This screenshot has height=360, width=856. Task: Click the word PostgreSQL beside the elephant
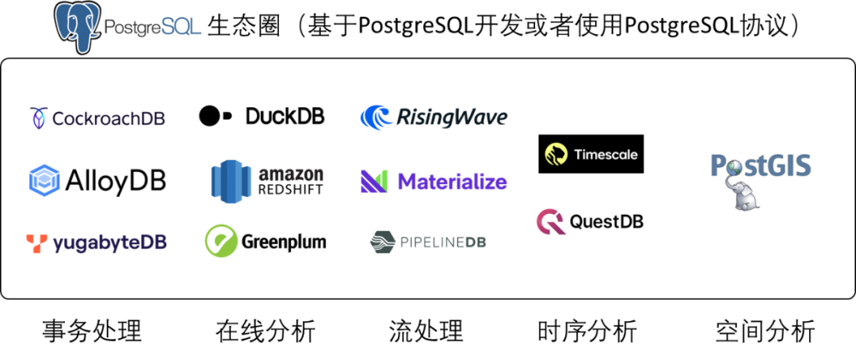coord(152,28)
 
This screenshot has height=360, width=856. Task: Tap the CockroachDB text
coord(108,119)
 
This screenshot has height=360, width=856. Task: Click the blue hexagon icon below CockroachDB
coord(44,180)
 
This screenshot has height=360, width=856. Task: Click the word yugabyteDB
coord(109,243)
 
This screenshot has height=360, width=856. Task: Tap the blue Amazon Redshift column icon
coord(231,181)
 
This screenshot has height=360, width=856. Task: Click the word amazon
coord(291,174)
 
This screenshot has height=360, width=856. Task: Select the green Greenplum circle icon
coord(221,241)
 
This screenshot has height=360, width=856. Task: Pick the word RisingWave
coord(452,117)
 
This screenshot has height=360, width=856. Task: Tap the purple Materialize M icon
coord(374,181)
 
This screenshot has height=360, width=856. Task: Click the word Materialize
coord(452,182)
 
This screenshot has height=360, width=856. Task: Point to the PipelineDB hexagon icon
coord(383,242)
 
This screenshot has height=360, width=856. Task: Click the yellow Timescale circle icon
coord(556,154)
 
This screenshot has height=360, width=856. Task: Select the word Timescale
coord(605,155)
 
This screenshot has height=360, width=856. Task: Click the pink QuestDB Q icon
coord(550,222)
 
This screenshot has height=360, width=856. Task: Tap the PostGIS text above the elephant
coord(760,166)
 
